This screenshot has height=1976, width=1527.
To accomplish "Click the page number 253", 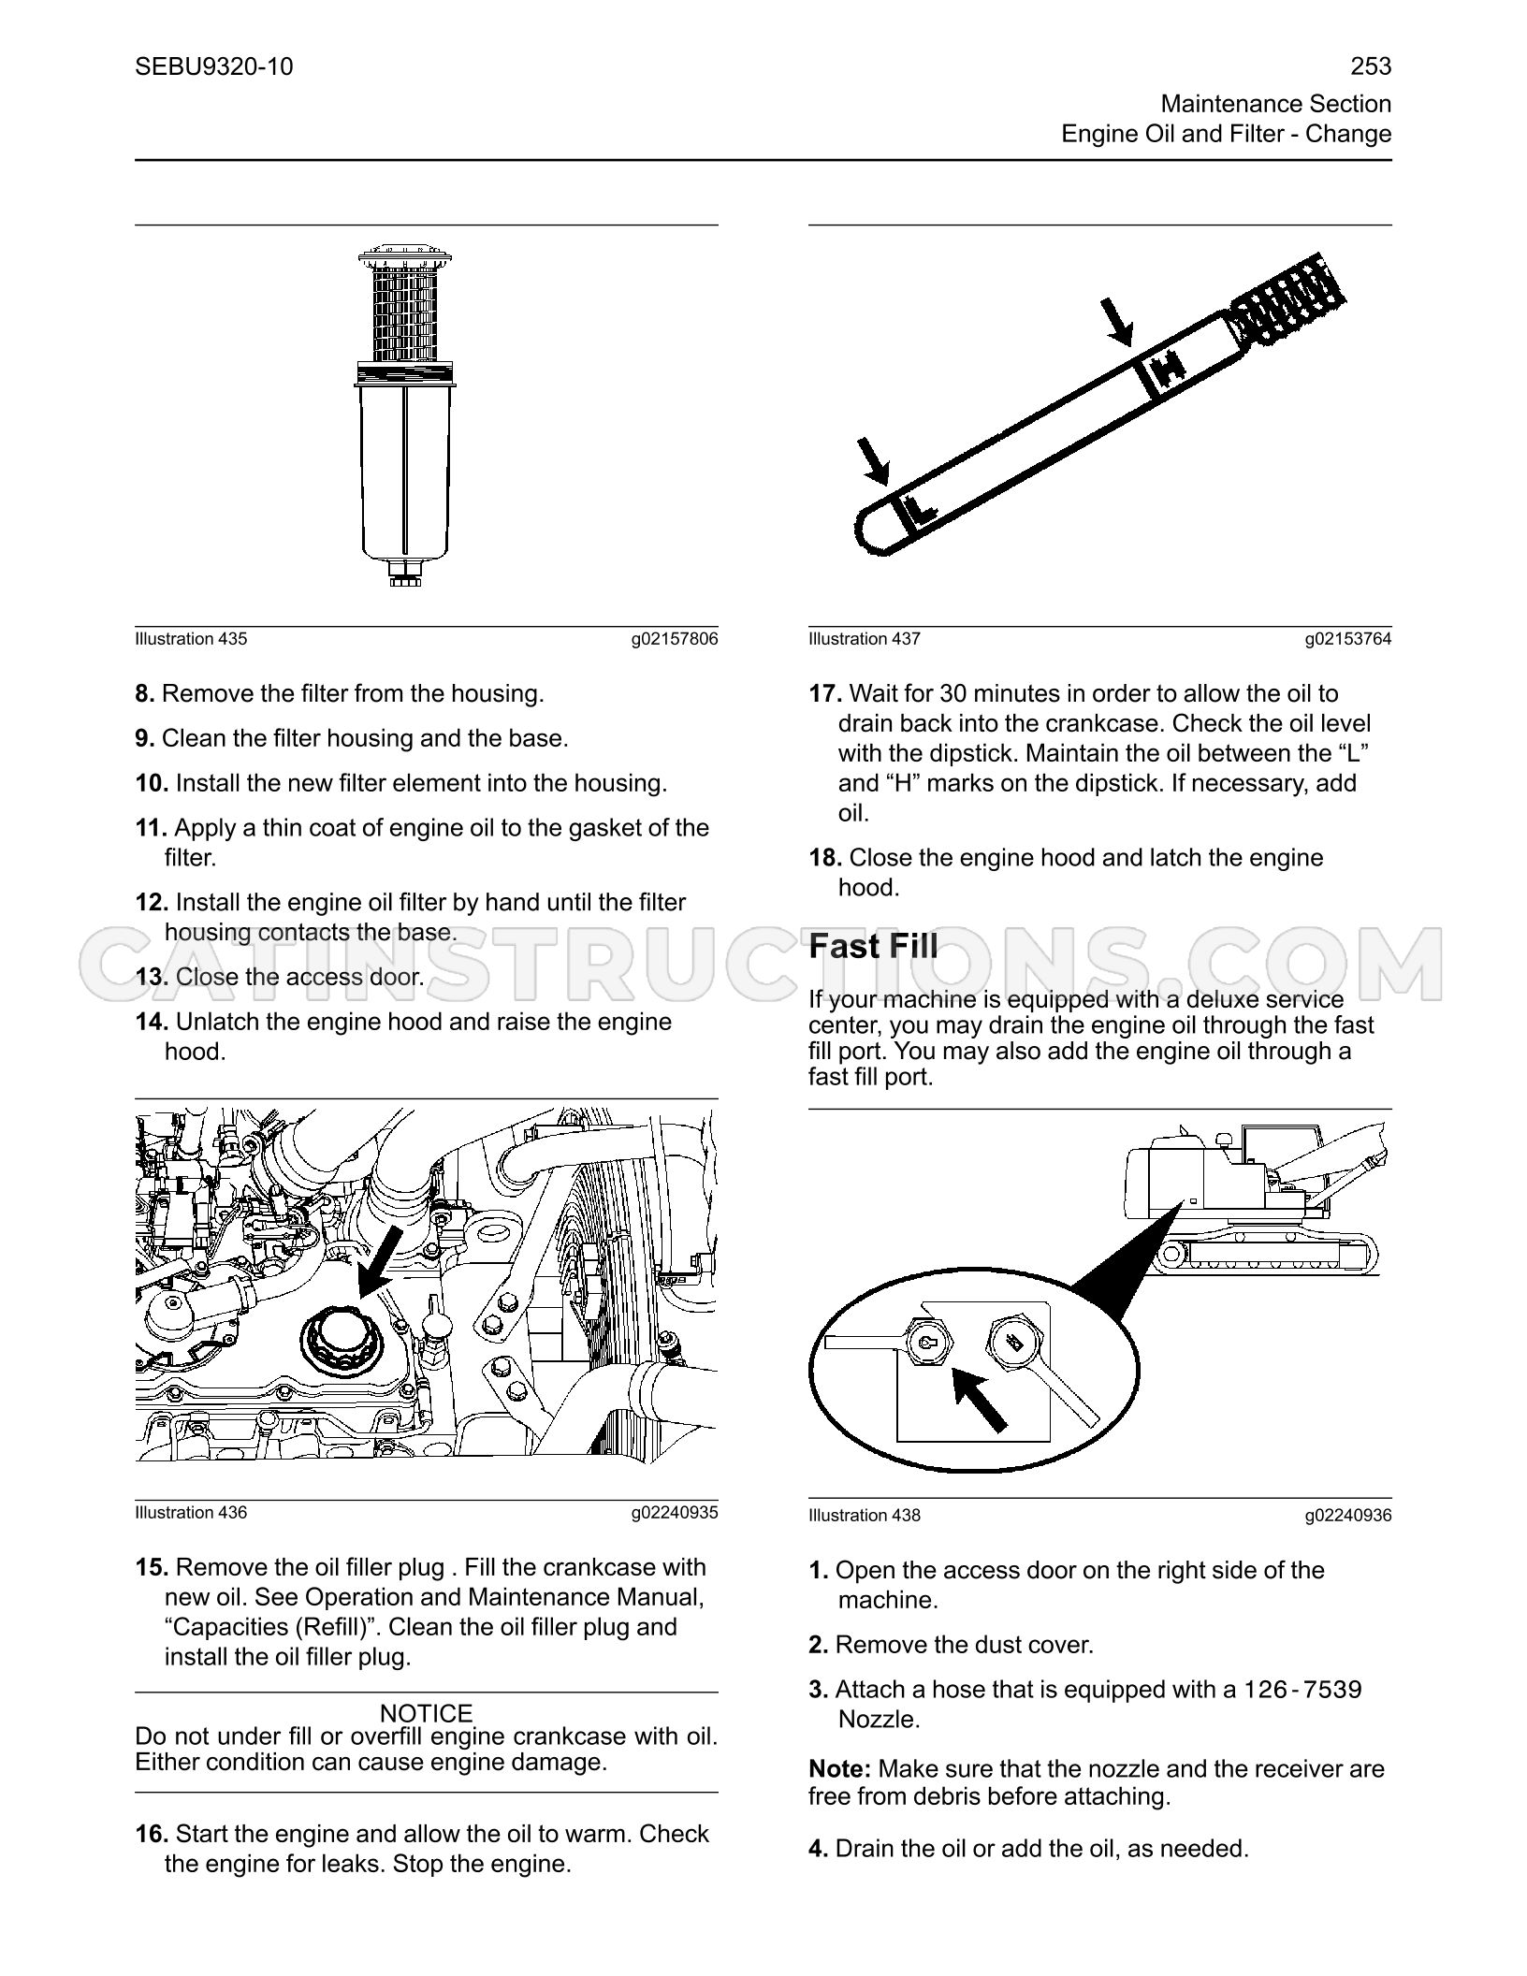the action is (x=1371, y=66).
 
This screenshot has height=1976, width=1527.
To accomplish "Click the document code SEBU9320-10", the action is (x=213, y=66).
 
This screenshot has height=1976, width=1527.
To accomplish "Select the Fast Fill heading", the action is (x=873, y=946).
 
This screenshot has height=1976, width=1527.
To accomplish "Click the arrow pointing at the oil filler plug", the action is (x=381, y=1261).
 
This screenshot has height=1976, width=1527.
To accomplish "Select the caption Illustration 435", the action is (x=191, y=639).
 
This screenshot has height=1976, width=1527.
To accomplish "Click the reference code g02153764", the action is (x=1348, y=639).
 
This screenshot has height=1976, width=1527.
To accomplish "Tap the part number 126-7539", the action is (x=1302, y=1690).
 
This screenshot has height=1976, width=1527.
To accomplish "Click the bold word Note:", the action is (x=840, y=1769).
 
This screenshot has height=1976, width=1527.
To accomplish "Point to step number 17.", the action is (x=825, y=694).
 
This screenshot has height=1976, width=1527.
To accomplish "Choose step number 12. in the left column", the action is (x=152, y=903).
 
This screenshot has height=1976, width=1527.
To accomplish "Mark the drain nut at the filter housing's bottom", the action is (x=404, y=573).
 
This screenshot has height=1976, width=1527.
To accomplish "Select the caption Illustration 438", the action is (x=865, y=1516).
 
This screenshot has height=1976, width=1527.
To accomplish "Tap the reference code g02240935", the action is (x=675, y=1513).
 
